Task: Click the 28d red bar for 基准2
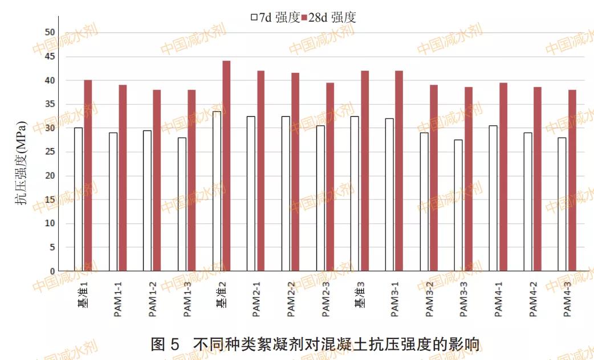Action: (226, 165)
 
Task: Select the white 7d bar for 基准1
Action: (78, 199)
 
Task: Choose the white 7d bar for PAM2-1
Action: (251, 194)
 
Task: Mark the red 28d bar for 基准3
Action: (365, 171)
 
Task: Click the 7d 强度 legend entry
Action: (275, 18)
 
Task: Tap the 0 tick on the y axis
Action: (52, 271)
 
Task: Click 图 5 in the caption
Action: (165, 344)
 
